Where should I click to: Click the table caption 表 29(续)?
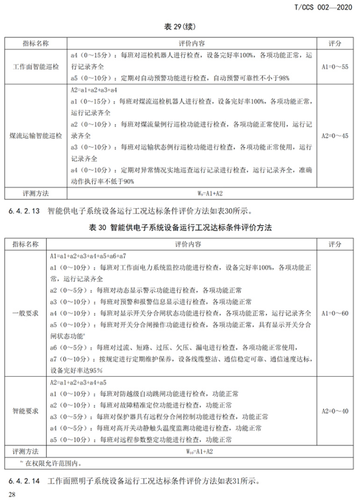coord(180,26)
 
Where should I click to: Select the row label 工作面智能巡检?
coord(36,66)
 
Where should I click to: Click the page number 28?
coord(11,493)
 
